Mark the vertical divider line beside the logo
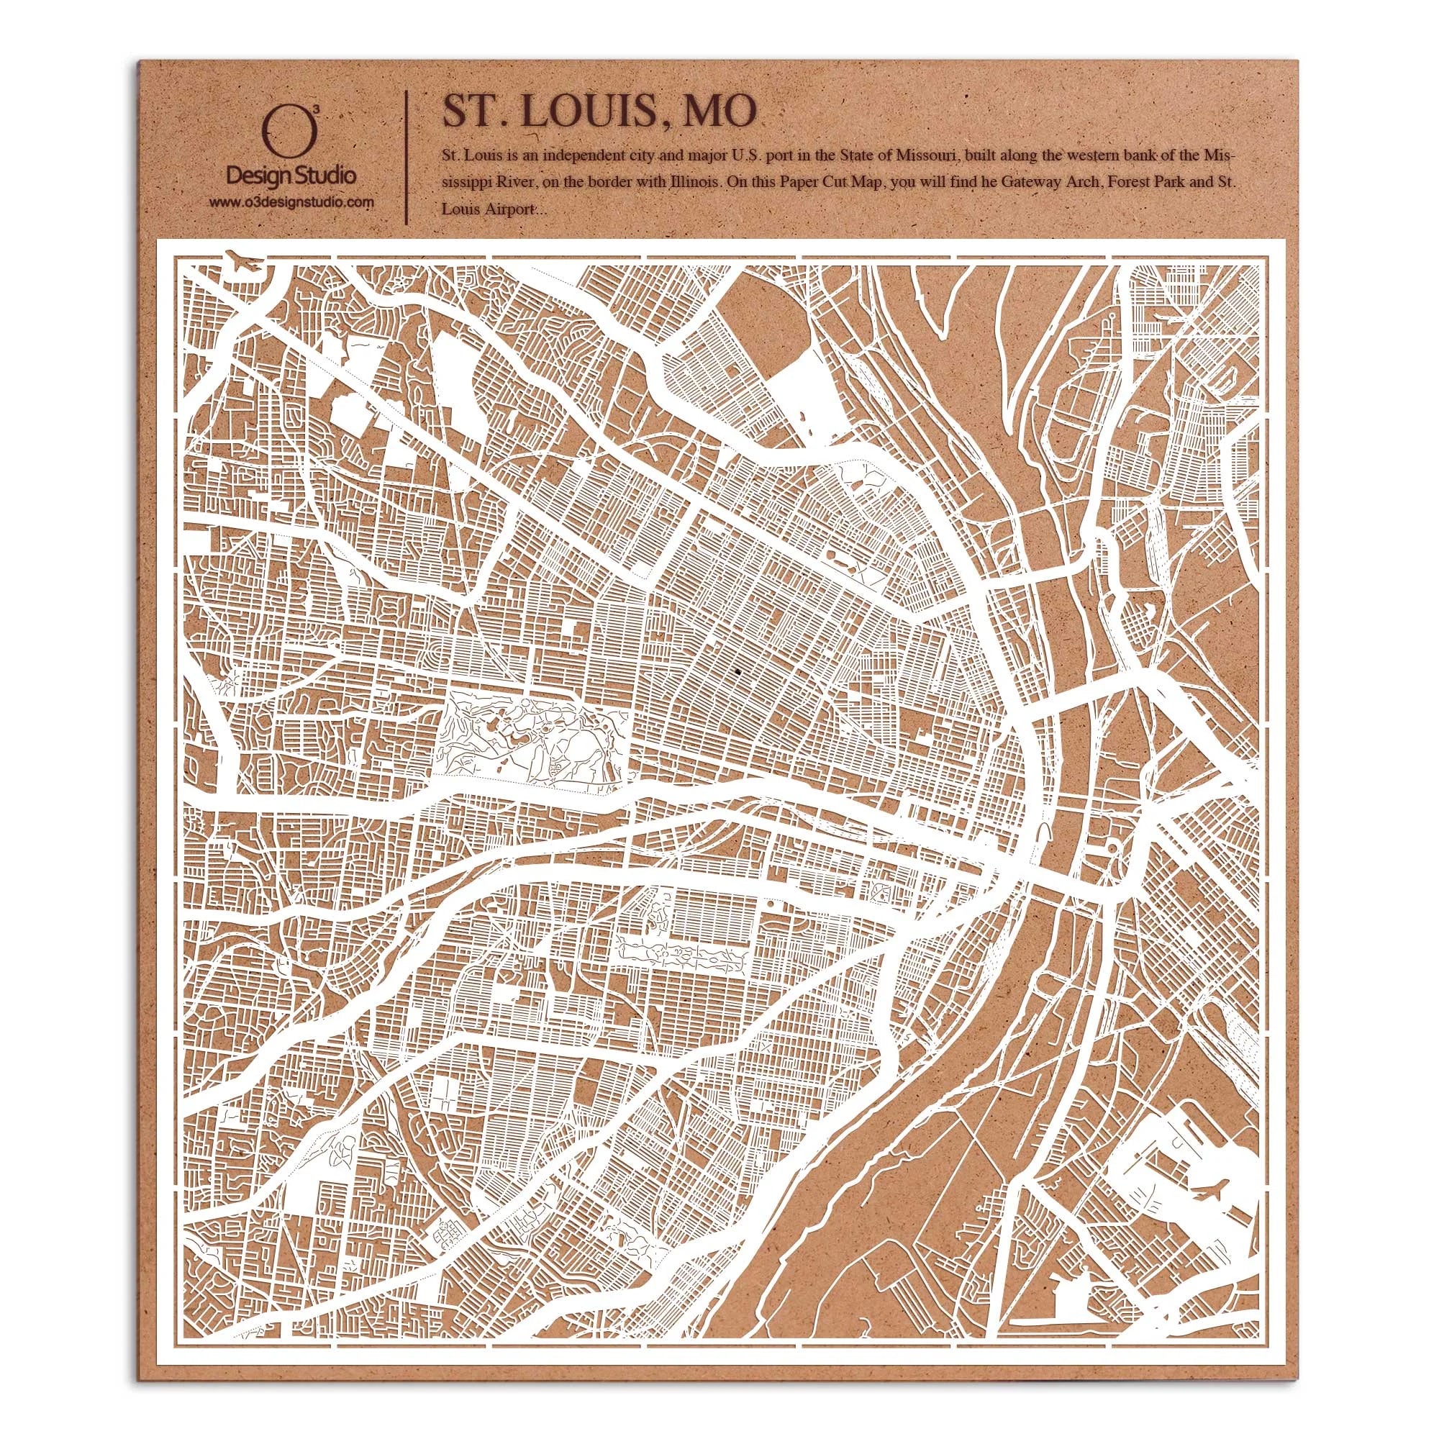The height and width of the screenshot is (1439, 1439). point(404,156)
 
